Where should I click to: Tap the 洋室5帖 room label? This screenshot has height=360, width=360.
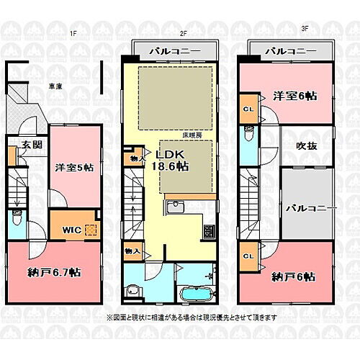point(74,168)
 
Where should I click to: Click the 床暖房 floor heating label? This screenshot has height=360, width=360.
point(191,135)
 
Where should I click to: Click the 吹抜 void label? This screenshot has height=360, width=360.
point(307,145)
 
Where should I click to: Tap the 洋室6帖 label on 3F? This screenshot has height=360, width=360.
point(296,96)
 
